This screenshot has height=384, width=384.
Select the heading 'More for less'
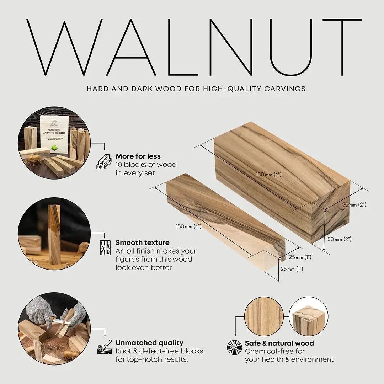[x=138, y=156]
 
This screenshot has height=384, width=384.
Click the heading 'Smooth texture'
[x=142, y=243]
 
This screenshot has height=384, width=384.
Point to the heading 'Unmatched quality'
[x=149, y=343]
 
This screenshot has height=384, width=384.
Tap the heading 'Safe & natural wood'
[x=279, y=343]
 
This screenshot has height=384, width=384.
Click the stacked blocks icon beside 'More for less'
[x=104, y=161]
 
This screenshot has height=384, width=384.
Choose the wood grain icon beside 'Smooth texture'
[x=105, y=247]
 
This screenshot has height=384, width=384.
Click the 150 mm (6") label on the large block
[x=269, y=174]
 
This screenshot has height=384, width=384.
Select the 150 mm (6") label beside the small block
[x=188, y=226]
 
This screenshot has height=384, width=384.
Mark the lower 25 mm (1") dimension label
[x=292, y=269]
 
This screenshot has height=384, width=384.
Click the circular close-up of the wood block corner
[x=308, y=316]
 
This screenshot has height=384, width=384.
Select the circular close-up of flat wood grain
[x=264, y=316]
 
